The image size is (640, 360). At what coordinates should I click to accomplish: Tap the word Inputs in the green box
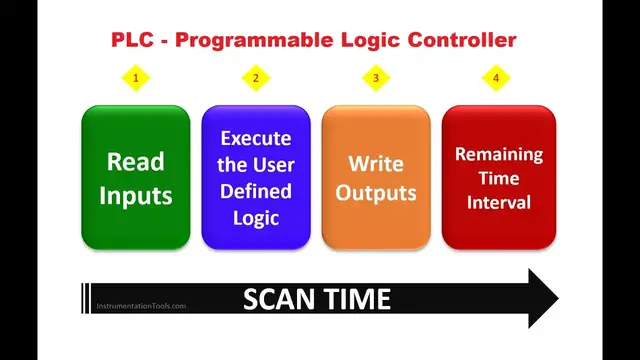click(x=135, y=195)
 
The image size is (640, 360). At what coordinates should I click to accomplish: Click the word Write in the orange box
click(x=375, y=164)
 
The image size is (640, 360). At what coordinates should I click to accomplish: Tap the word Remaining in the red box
click(x=499, y=155)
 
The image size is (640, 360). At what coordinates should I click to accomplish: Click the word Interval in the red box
click(x=499, y=203)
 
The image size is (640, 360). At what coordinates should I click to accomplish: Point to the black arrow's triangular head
click(x=540, y=298)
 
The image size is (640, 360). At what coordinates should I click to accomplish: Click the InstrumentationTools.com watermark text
click(x=140, y=306)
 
